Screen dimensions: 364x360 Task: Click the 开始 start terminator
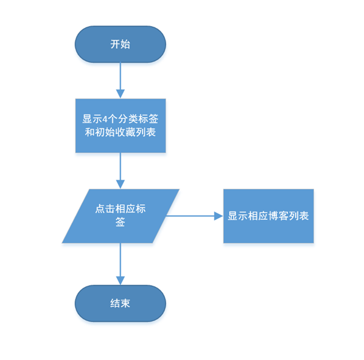pos(121,44)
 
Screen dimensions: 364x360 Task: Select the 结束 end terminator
pos(121,303)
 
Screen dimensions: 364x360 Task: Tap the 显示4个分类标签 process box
pos(121,125)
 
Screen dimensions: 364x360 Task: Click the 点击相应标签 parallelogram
pos(121,216)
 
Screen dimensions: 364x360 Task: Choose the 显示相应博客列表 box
pos(268,216)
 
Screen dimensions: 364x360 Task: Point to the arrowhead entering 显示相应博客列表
pos(219,216)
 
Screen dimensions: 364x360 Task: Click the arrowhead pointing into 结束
pos(121,281)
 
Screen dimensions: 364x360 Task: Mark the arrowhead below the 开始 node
pos(121,94)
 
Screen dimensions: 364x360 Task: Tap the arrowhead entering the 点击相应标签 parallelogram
pos(121,185)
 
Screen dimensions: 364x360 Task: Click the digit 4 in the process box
pos(105,119)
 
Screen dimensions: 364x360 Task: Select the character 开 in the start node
pos(115,44)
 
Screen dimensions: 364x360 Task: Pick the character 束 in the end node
pos(125,303)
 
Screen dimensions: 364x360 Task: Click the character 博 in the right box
pos(274,216)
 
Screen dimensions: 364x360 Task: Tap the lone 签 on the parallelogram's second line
pos(121,222)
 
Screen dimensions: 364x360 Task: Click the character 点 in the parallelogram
pos(100,209)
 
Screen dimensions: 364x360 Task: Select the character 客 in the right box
pos(284,216)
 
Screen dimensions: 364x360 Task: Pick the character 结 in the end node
pos(115,303)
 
